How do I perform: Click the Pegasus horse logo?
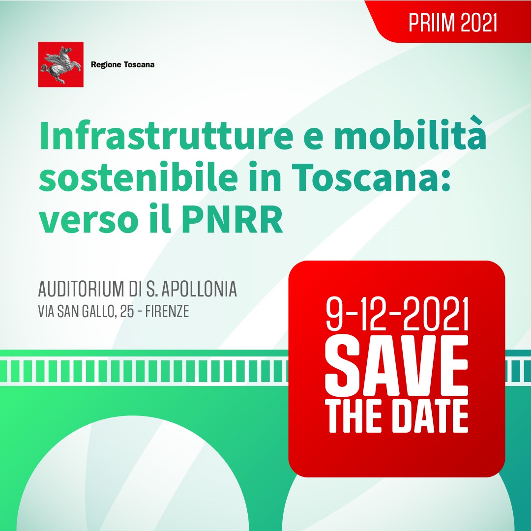60,64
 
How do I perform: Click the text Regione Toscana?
122,65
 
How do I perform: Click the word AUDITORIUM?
81,289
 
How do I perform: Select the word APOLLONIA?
200,289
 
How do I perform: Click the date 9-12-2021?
397,314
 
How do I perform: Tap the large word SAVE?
397,366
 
